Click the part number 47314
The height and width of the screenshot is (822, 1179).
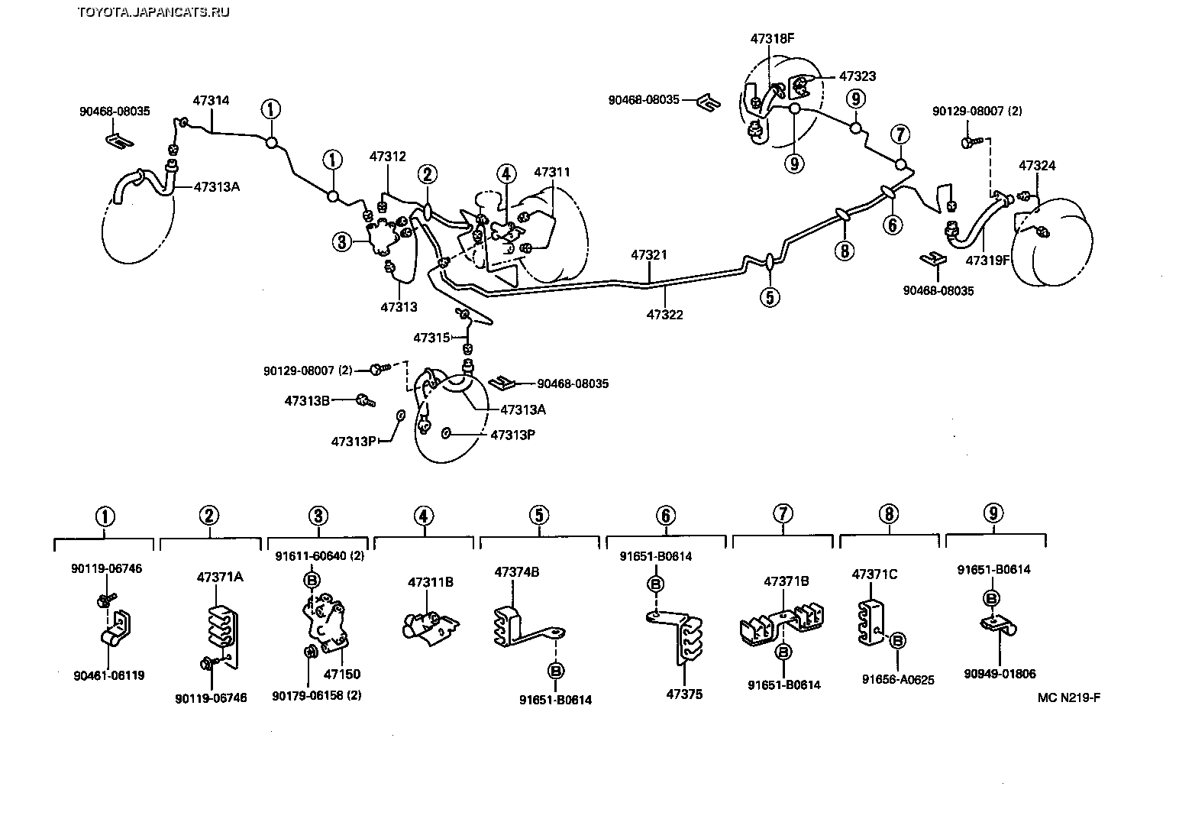[211, 100]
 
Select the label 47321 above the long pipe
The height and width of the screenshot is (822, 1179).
[649, 254]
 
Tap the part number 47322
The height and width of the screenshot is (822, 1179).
[664, 314]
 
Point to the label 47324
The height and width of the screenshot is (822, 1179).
[1038, 165]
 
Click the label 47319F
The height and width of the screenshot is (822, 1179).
[988, 260]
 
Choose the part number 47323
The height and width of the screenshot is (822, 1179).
[858, 76]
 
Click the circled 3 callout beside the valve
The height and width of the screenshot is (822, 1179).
[341, 243]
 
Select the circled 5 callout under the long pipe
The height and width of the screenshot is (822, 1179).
[770, 296]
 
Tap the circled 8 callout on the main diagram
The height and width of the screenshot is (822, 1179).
[844, 250]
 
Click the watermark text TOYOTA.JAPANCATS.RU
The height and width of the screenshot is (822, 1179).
[153, 11]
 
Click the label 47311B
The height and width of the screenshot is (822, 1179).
[431, 582]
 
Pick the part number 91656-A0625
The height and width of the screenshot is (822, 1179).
[899, 679]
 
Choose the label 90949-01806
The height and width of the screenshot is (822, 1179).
[1000, 674]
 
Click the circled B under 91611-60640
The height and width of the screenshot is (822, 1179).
[312, 580]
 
